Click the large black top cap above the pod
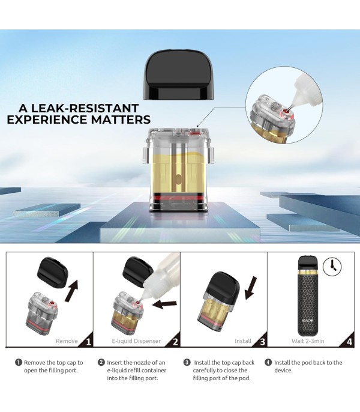click(178, 75)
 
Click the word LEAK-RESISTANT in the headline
click(89, 108)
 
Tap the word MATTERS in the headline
click(121, 120)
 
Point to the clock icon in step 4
click(332, 267)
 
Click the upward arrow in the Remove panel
click(71, 291)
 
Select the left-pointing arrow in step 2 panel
click(164, 304)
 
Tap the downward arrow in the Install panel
click(251, 288)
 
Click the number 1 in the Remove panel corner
click(88, 342)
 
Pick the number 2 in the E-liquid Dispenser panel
click(175, 342)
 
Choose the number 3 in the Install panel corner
click(262, 342)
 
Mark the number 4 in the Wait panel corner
click(349, 342)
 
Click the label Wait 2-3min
click(308, 341)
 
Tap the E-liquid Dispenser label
click(136, 341)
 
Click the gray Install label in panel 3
click(243, 341)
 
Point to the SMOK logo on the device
click(307, 321)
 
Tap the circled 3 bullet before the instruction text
click(187, 362)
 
